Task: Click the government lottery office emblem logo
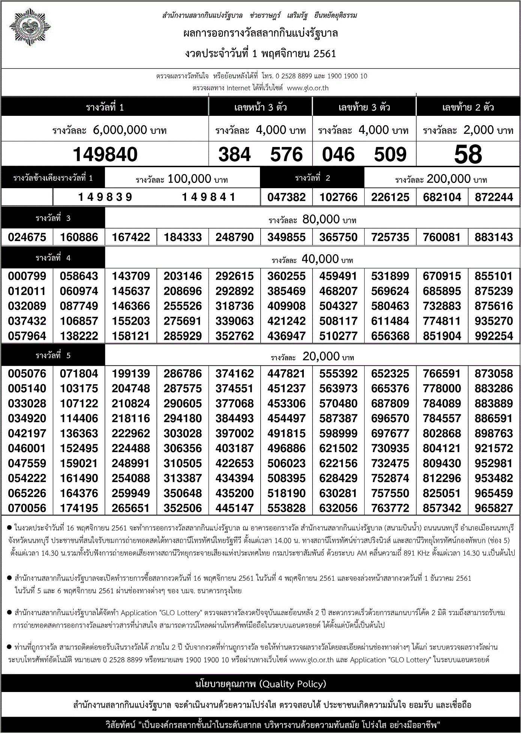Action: pos(30,27)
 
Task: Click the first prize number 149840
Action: pos(105,154)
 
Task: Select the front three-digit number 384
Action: pos(234,154)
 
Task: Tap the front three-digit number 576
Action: pos(286,154)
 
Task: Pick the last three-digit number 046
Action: pos(338,154)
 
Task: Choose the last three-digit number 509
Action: pos(390,154)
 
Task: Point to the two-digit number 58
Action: pos(468,154)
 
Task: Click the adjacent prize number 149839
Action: pos(105,197)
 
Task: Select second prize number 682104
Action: pos(442,197)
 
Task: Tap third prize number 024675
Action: pos(27,237)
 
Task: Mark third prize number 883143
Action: pos(494,237)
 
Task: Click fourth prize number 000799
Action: pos(27,276)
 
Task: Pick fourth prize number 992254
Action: pos(494,336)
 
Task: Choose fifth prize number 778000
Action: pos(442,389)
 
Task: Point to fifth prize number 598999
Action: pos(338,434)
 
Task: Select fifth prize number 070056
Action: pos(27,508)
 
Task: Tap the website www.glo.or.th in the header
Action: pos(308,88)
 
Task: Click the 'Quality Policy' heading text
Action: pos(260,684)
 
